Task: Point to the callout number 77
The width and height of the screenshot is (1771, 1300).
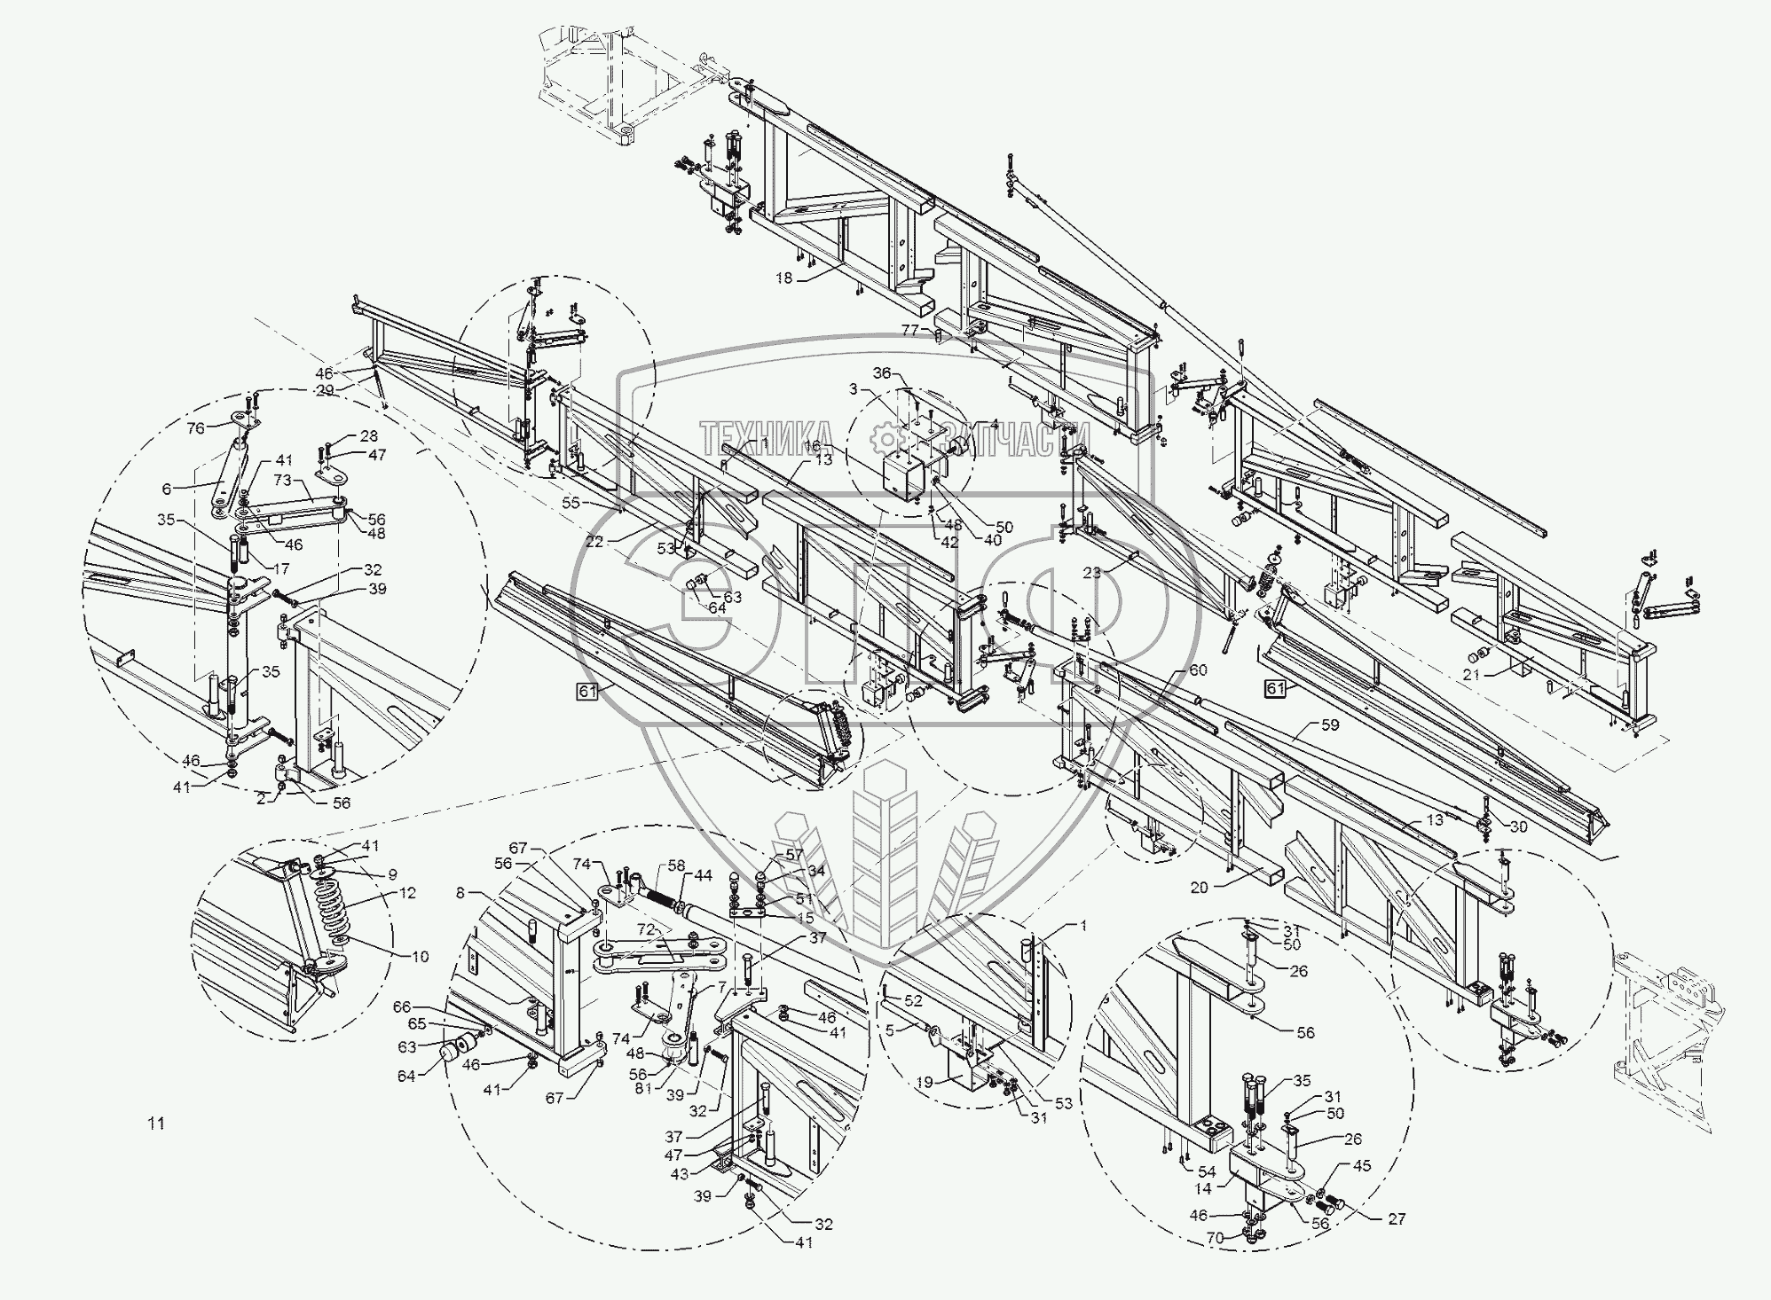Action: point(909,330)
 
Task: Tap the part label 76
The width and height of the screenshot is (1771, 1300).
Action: point(196,427)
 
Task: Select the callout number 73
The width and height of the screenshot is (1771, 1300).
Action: point(282,480)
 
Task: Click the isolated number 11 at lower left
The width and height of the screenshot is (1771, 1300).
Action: point(156,1124)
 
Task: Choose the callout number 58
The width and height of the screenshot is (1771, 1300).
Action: point(677,864)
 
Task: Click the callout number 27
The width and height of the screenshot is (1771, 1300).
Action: point(1397,1219)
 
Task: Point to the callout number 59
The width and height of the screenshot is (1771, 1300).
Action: point(1330,725)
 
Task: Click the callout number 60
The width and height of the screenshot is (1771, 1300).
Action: point(1198,670)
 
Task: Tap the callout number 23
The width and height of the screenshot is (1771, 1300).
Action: point(1092,572)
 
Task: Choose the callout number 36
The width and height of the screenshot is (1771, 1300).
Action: point(881,372)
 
